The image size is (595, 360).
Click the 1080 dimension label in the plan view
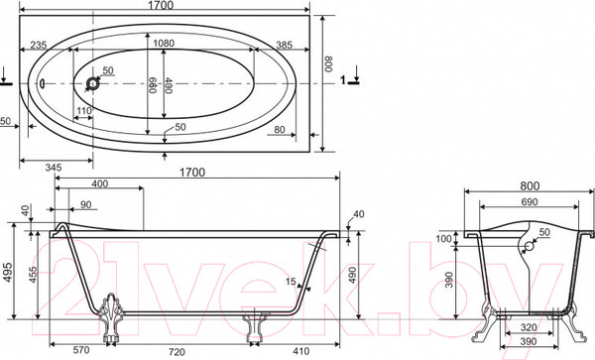click(x=164, y=44)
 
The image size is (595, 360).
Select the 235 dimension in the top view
click(x=39, y=45)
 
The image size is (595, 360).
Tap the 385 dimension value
click(x=284, y=45)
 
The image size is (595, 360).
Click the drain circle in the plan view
click(x=92, y=83)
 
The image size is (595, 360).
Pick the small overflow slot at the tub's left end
click(x=42, y=82)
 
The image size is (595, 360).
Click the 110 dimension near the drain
click(x=84, y=111)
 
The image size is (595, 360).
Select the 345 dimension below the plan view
click(x=54, y=168)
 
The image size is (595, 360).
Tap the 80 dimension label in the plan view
click(x=280, y=129)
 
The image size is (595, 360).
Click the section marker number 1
click(x=343, y=80)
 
